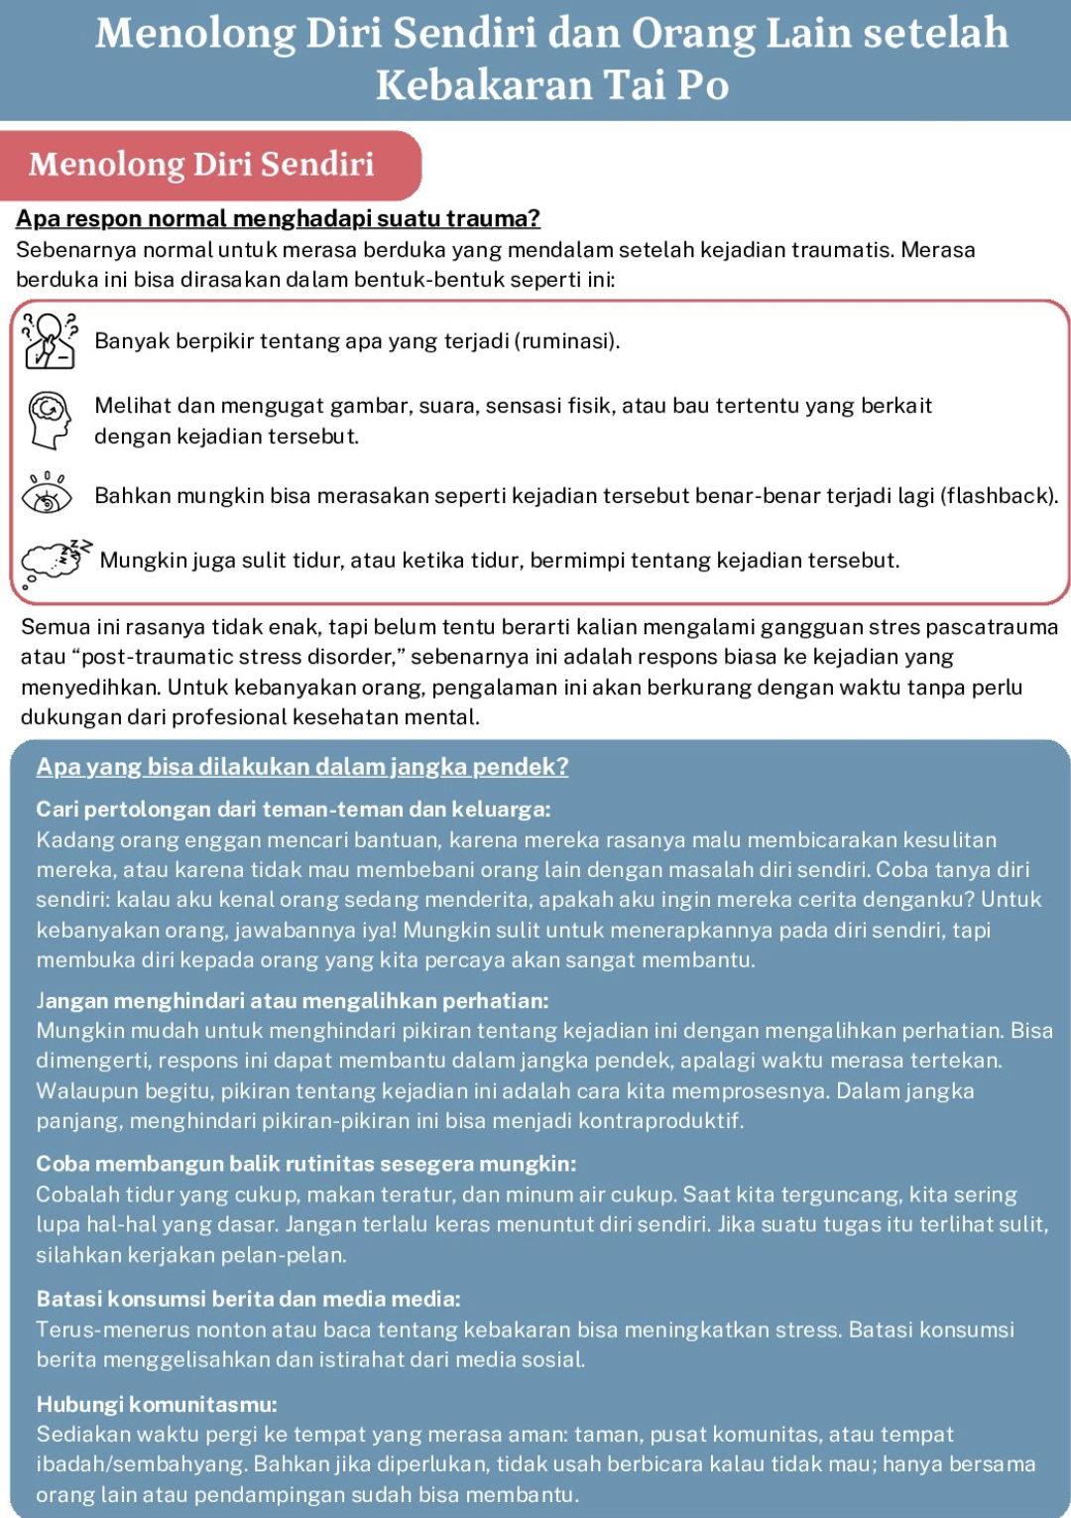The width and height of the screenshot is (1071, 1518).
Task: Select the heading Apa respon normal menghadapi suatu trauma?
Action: tap(278, 218)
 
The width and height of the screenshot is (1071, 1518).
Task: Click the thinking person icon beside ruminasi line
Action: tap(49, 340)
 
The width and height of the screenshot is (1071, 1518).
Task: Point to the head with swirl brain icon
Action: tap(49, 419)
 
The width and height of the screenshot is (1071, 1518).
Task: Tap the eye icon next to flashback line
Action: tap(47, 494)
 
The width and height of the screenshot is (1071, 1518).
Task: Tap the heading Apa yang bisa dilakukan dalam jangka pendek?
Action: tap(302, 766)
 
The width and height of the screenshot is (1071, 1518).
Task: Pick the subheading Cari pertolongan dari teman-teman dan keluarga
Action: tap(294, 809)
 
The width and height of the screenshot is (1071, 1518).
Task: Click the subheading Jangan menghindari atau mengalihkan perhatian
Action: tap(293, 1000)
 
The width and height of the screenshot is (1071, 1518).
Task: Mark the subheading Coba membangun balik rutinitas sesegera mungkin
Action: tap(305, 1163)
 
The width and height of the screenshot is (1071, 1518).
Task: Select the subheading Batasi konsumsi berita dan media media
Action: tap(248, 1299)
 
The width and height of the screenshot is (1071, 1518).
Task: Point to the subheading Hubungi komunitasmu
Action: tap(157, 1404)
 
